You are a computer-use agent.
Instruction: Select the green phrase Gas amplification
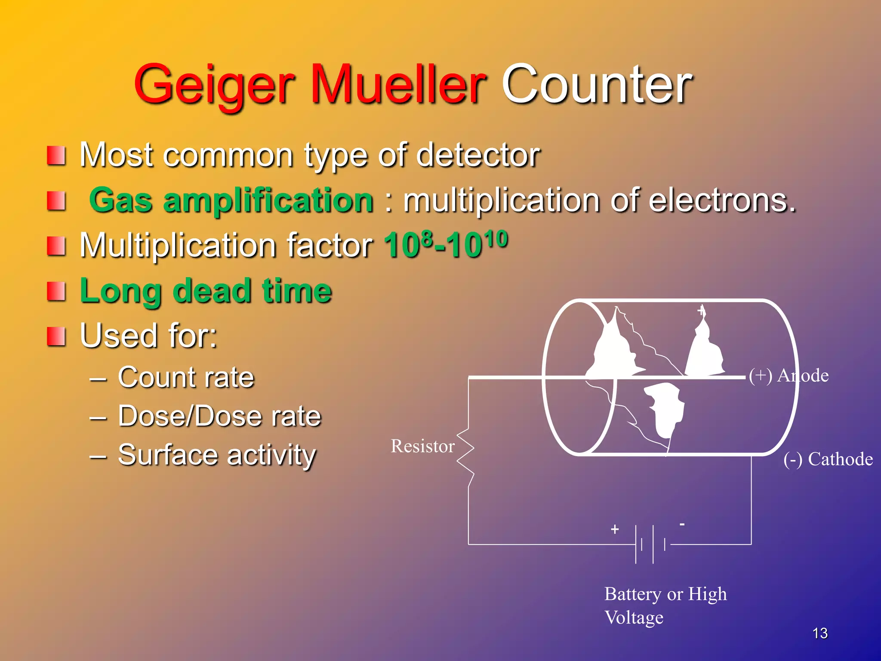[231, 201]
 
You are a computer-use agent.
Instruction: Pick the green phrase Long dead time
[206, 291]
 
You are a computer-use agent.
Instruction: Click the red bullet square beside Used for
[56, 337]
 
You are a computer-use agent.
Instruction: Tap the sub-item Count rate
[186, 377]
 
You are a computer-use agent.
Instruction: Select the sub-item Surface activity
[217, 455]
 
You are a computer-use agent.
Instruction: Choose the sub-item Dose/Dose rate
[219, 416]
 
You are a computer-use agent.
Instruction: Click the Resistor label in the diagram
[422, 446]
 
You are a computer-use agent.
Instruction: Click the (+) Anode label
[789, 376]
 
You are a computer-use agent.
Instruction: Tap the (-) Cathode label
[828, 459]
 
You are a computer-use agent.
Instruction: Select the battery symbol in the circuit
[650, 544]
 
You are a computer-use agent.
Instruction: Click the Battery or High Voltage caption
[665, 605]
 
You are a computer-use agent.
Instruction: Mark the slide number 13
[820, 633]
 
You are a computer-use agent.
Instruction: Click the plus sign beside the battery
[615, 529]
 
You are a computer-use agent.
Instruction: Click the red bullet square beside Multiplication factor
[56, 246]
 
